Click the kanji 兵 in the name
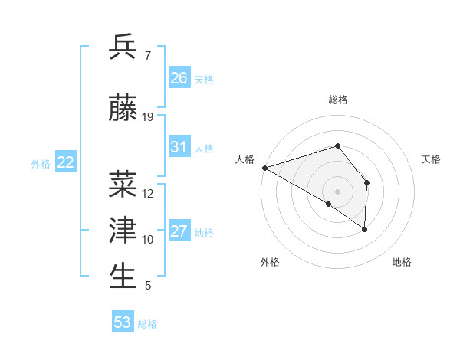pyautogui.click(x=123, y=47)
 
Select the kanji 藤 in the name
pyautogui.click(x=123, y=109)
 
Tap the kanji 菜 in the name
pyautogui.click(x=123, y=185)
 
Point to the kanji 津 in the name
pyautogui.click(x=123, y=231)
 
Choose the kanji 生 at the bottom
pyautogui.click(x=123, y=277)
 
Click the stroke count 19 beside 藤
pyautogui.click(x=148, y=117)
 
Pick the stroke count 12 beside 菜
pyautogui.click(x=148, y=194)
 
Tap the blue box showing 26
pyautogui.click(x=179, y=77)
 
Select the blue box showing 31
pyautogui.click(x=179, y=147)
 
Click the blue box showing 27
pyautogui.click(x=179, y=231)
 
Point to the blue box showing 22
pyautogui.click(x=66, y=162)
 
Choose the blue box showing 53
pyautogui.click(x=123, y=322)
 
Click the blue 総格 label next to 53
pyautogui.click(x=147, y=324)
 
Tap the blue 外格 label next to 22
pyautogui.click(x=41, y=163)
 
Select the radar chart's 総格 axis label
pyautogui.click(x=337, y=100)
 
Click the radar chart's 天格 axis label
pyautogui.click(x=432, y=159)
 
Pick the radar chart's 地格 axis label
pyautogui.click(x=402, y=263)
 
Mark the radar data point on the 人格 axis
pyautogui.click(x=264, y=167)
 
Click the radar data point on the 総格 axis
pyautogui.click(x=337, y=146)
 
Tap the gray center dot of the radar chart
pyautogui.click(x=337, y=191)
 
